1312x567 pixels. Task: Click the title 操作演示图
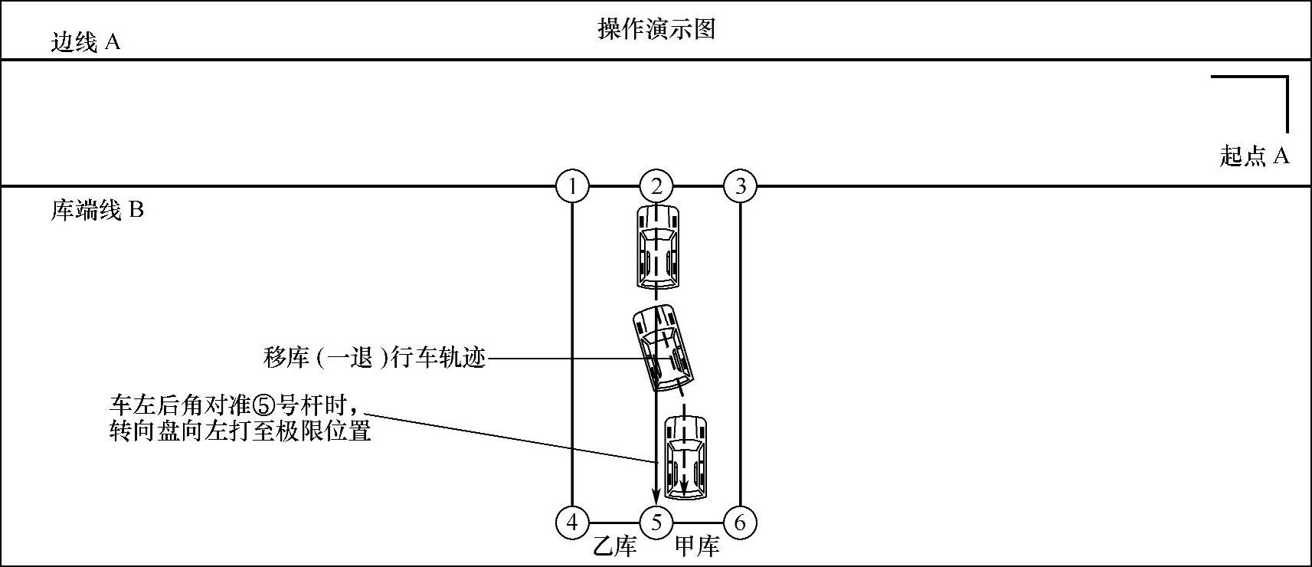(656, 30)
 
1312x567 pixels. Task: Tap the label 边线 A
(85, 42)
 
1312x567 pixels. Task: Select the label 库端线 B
(97, 210)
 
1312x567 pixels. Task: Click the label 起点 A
(1255, 156)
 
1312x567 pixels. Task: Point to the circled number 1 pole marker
(572, 186)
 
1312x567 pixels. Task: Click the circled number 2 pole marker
(656, 186)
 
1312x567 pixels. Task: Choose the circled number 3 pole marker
(740, 186)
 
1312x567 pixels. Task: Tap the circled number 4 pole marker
(572, 523)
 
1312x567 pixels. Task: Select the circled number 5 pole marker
(656, 523)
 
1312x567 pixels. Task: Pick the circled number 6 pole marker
(740, 523)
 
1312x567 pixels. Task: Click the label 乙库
(616, 547)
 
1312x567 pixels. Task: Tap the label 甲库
(697, 547)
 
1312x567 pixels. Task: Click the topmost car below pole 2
(657, 246)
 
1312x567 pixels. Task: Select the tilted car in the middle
(663, 348)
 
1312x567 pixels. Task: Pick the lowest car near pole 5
(685, 458)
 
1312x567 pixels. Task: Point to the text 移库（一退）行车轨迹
(375, 358)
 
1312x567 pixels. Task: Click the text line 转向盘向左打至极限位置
(240, 431)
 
